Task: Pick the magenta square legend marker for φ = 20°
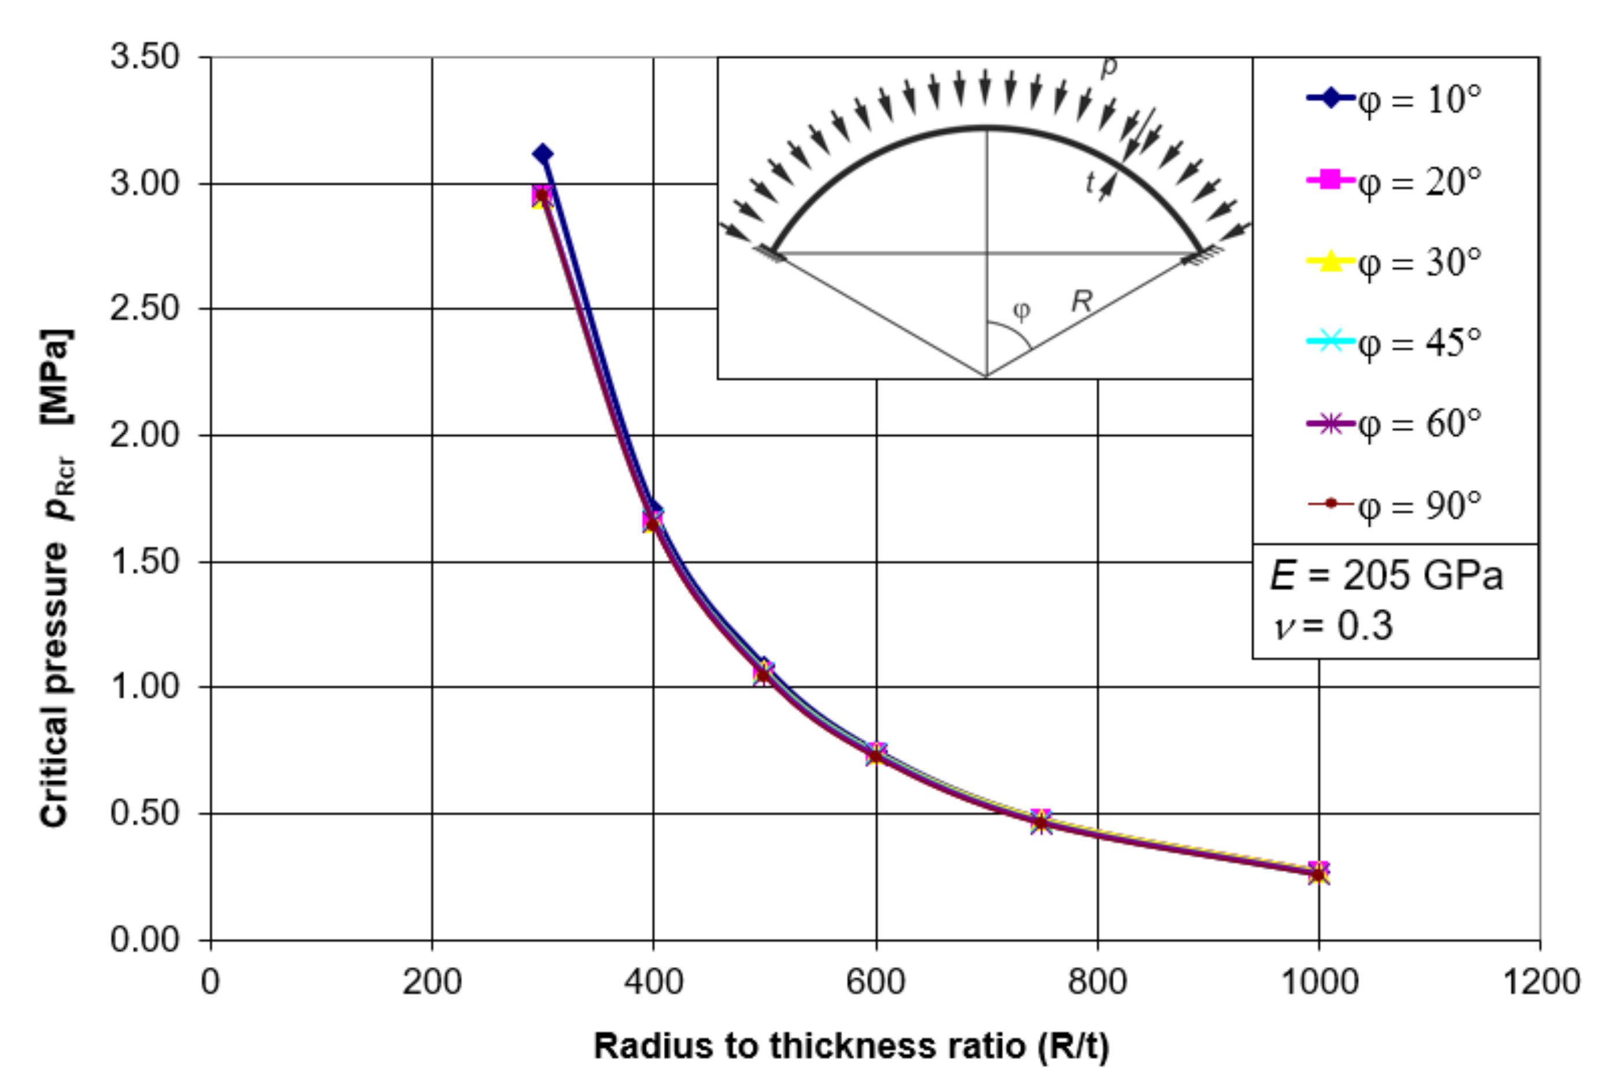click(x=1330, y=180)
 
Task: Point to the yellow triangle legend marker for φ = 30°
click(x=1330, y=261)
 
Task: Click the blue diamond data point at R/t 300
click(x=542, y=154)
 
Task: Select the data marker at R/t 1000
click(x=1318, y=873)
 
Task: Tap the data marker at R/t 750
click(x=1041, y=822)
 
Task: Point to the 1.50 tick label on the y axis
click(x=145, y=562)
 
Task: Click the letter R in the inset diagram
click(x=1082, y=301)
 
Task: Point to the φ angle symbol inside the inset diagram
click(x=1021, y=310)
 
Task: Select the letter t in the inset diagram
click(x=1090, y=182)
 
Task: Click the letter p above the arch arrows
click(x=1108, y=68)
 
